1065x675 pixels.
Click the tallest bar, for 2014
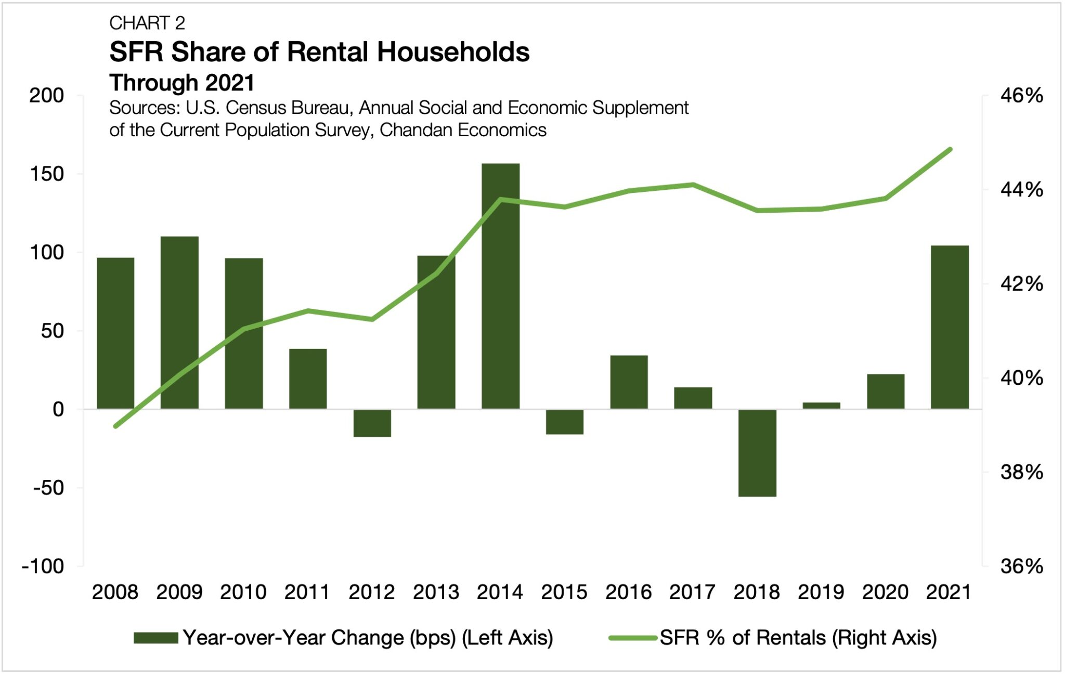(x=500, y=286)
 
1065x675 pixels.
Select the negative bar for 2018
(x=757, y=452)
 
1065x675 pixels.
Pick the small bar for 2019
(x=821, y=406)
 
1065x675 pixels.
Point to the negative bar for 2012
(x=372, y=423)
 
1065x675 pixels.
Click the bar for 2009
(x=179, y=322)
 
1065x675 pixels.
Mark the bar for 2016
(x=629, y=382)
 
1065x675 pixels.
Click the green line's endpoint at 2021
(x=950, y=150)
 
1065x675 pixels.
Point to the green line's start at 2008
(x=115, y=426)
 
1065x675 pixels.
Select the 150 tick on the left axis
(x=47, y=174)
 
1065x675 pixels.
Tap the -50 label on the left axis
(x=48, y=488)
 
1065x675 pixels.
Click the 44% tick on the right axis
(x=1021, y=190)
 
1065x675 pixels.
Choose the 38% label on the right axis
(x=1021, y=472)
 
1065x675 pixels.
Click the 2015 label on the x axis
(x=564, y=592)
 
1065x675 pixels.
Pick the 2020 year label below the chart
(x=885, y=592)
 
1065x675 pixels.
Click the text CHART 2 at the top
(x=147, y=23)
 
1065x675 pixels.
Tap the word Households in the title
(x=452, y=52)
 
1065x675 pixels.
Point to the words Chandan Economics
(x=463, y=130)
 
